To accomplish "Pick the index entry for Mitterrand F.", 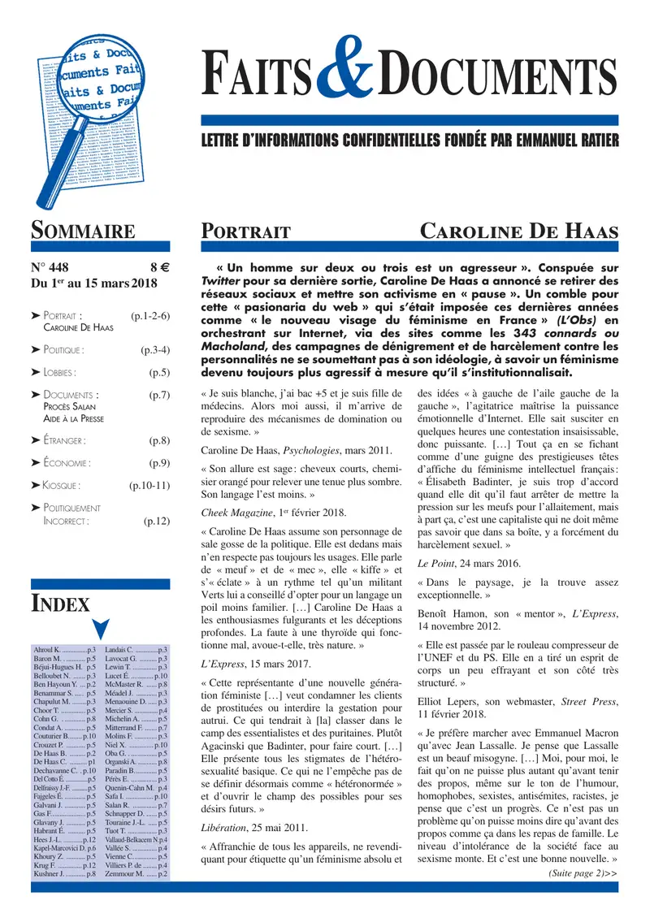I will (136, 730).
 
